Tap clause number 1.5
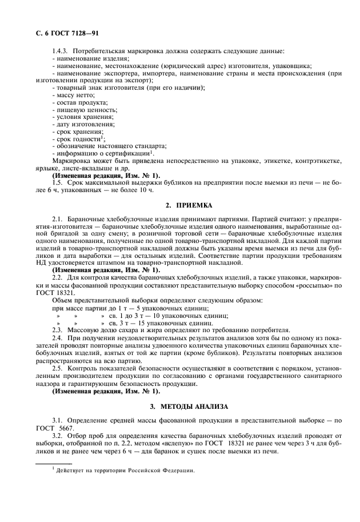(57, 182)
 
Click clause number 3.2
(57, 435)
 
